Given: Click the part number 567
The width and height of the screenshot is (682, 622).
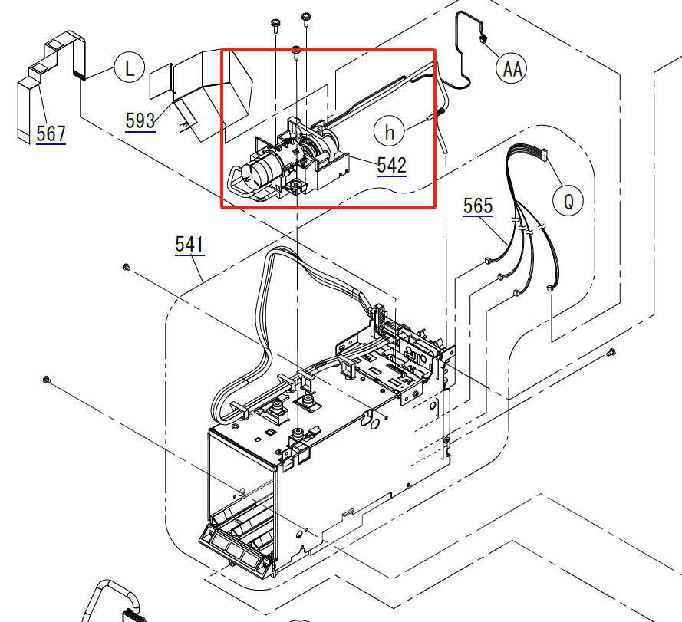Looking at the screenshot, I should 51,133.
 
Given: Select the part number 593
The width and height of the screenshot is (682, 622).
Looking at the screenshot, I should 140,120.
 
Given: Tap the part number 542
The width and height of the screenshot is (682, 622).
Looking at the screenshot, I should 391,165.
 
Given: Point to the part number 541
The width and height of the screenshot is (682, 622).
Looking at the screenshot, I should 189,245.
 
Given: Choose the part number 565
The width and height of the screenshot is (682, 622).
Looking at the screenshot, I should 478,206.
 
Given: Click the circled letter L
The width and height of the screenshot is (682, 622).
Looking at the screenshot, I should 130,68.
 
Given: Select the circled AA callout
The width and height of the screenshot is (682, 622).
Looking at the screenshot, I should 512,70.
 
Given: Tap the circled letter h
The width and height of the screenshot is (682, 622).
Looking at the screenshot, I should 390,132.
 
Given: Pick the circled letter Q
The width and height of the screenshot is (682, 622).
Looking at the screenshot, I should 568,202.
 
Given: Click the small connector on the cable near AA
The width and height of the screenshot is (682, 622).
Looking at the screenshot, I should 485,38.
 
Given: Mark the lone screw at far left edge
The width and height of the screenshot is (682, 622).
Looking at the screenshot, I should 47,379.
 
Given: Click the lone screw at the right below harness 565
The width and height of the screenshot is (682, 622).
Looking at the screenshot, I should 611,352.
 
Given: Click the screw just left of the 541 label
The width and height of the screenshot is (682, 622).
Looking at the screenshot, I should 126,267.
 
